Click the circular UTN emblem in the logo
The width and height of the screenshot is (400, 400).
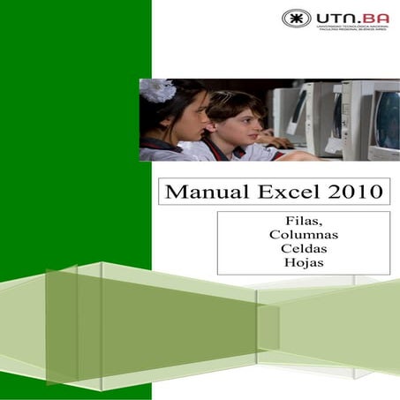tap(296, 18)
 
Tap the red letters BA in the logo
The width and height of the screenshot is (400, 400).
tap(374, 17)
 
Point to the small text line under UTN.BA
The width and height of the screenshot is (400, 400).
tap(352, 29)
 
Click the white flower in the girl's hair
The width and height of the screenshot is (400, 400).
tap(158, 90)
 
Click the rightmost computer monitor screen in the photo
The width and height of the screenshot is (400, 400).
tap(387, 117)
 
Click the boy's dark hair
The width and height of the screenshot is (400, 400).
tap(231, 102)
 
